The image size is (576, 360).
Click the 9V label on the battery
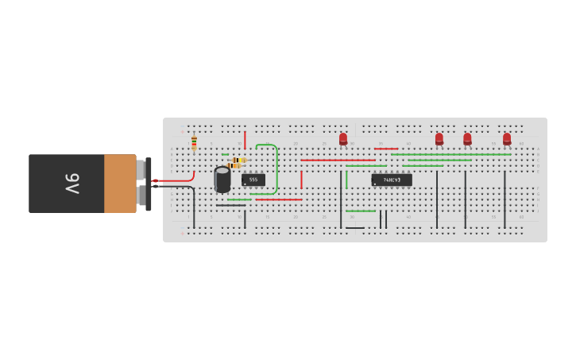72,184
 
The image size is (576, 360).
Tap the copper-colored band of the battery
120,184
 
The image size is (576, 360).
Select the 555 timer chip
253,180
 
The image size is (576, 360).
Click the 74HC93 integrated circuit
392,180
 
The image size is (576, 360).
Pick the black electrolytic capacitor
222,180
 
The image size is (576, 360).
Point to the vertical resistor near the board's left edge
194,142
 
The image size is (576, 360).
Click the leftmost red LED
343,139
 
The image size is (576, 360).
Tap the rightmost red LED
507,139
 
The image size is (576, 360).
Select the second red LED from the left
439,139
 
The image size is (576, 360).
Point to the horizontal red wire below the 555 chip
278,199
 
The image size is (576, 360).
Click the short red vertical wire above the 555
245,141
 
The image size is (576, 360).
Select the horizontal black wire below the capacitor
230,205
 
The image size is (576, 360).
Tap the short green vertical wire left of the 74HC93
346,180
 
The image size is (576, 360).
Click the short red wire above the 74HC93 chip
386,149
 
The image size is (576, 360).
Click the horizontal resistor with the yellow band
239,160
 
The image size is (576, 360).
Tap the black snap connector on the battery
148,184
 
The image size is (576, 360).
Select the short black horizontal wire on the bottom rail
355,228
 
